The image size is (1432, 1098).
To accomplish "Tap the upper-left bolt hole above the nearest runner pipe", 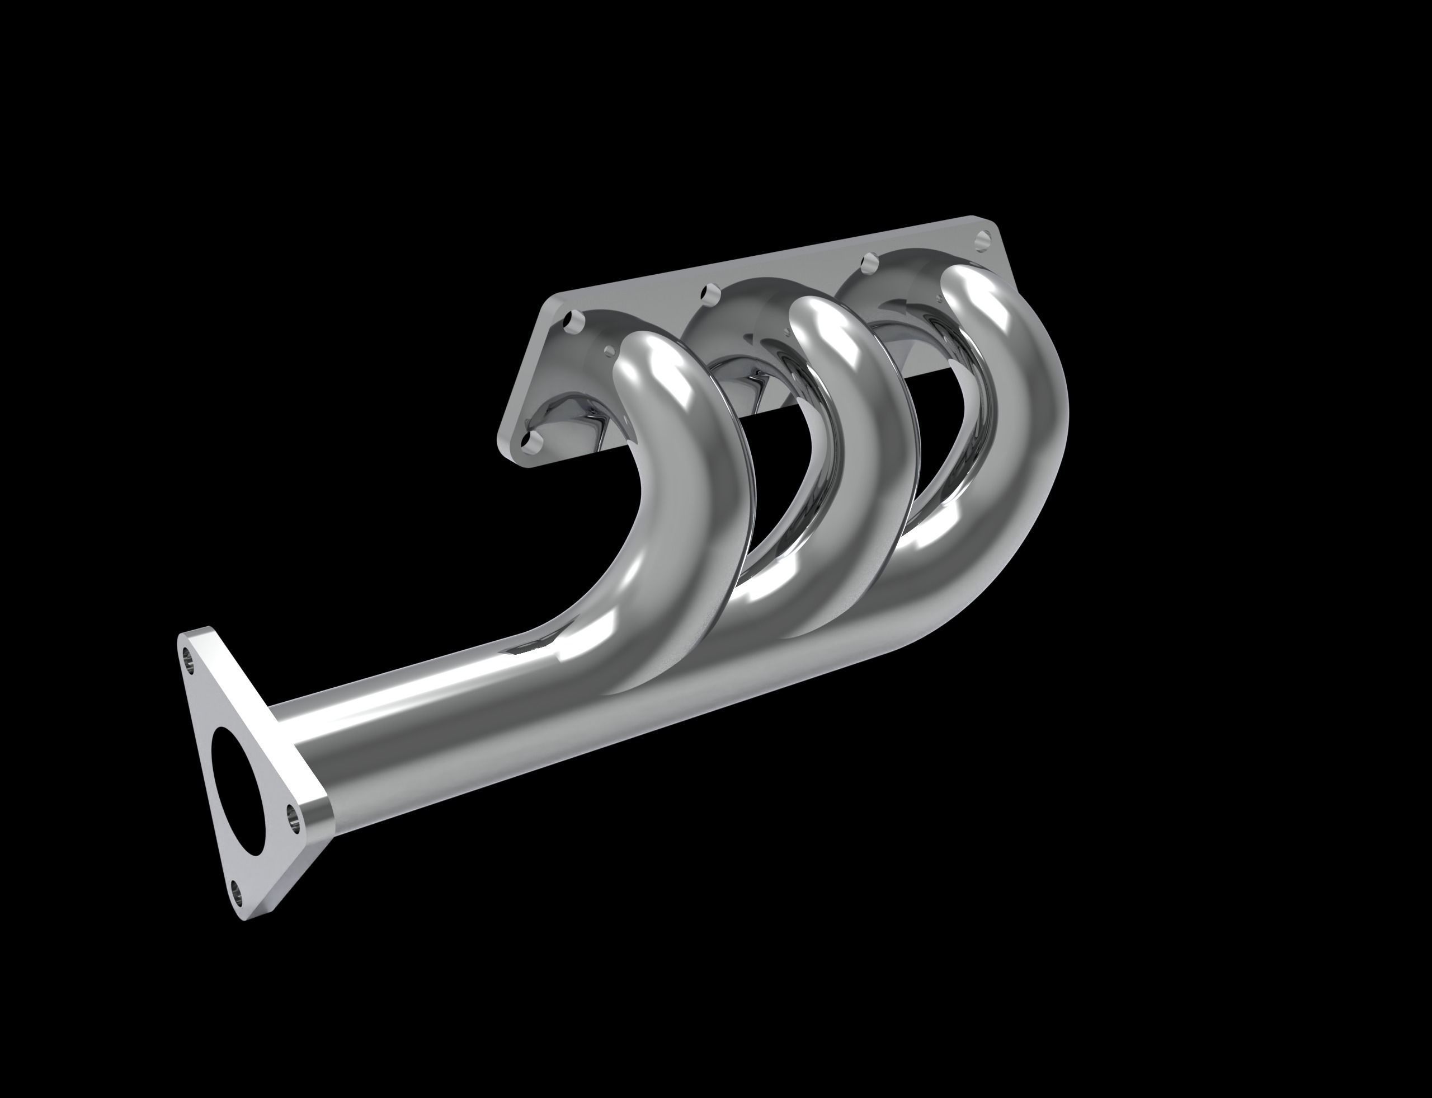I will coord(576,320).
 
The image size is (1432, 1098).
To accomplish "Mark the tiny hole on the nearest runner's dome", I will coord(610,351).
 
